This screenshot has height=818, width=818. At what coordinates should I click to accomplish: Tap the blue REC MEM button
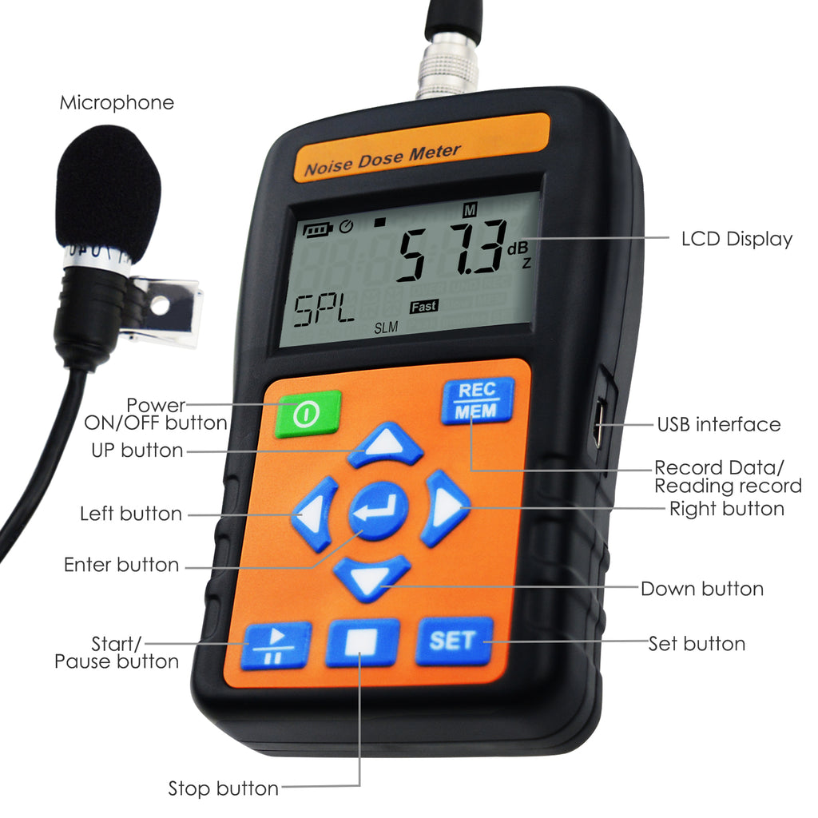pyautogui.click(x=478, y=400)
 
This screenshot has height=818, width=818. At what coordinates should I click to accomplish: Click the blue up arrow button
pyautogui.click(x=385, y=444)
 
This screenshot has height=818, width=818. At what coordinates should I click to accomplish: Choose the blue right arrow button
pyautogui.click(x=444, y=507)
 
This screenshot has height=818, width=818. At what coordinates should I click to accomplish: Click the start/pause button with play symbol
pyautogui.click(x=276, y=645)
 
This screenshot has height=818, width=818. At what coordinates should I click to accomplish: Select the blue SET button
pyautogui.click(x=455, y=641)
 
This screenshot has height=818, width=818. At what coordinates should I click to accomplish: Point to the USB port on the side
pyautogui.click(x=599, y=425)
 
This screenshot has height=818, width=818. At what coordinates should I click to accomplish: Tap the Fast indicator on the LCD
pyautogui.click(x=423, y=307)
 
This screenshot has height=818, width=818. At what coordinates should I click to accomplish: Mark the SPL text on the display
pyautogui.click(x=324, y=311)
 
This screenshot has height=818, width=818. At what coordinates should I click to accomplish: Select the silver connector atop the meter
pyautogui.click(x=447, y=66)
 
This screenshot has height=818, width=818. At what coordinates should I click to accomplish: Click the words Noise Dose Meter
pyautogui.click(x=383, y=160)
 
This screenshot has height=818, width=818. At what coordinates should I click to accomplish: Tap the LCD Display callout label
pyautogui.click(x=737, y=239)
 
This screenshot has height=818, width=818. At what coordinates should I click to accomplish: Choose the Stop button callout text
pyautogui.click(x=224, y=788)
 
